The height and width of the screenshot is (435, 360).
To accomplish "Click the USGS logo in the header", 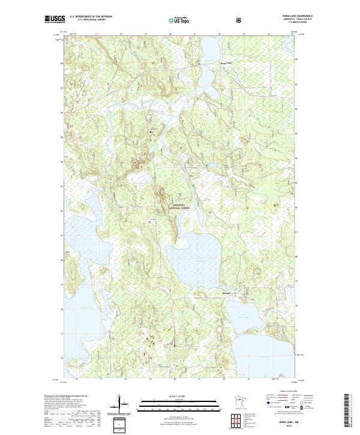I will (55, 19).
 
